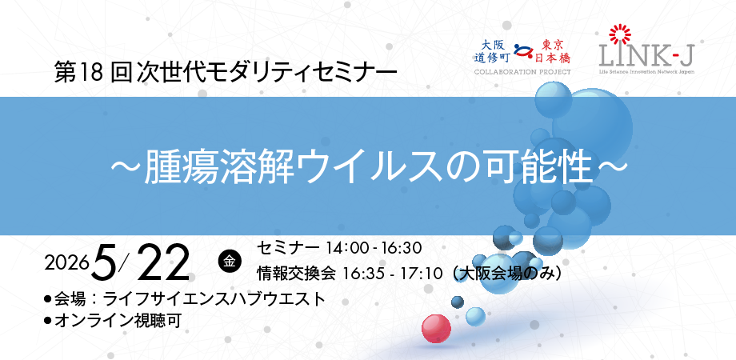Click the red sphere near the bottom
pyautogui.click(x=436, y=329)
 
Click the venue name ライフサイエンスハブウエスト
pyautogui.click(x=214, y=299)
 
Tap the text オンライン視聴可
pyautogui.click(x=118, y=321)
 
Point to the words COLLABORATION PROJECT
pyautogui.click(x=522, y=72)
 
